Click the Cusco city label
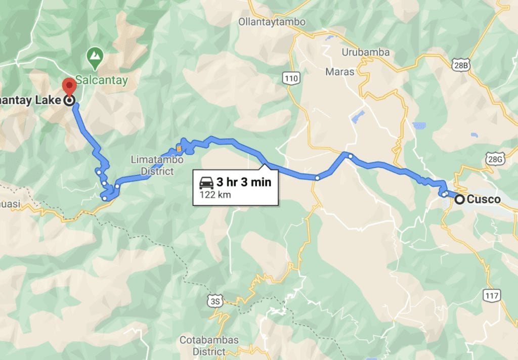484,199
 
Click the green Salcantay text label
102,80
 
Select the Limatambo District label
152,165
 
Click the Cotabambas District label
209,345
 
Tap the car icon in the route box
205,183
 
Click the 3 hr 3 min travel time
244,182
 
